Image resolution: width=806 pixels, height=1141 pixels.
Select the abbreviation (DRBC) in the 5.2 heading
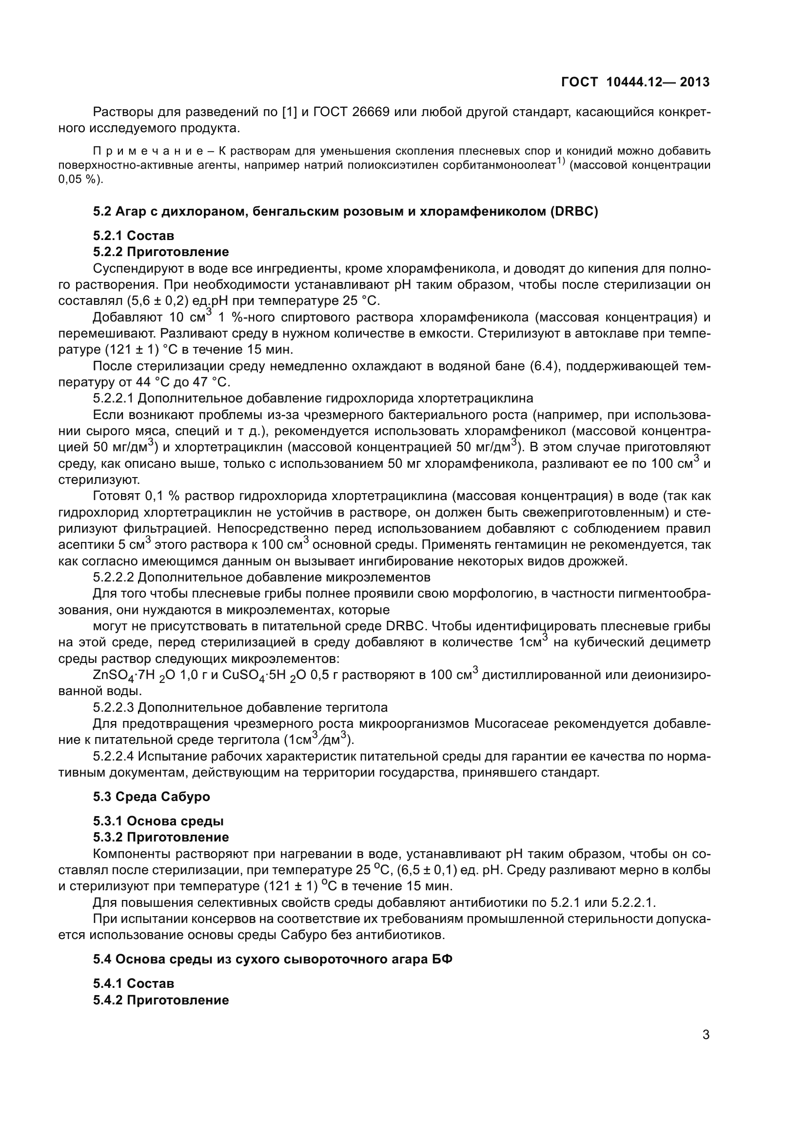pyautogui.click(x=573, y=212)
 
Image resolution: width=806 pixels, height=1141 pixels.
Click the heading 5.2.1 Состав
pyautogui.click(x=134, y=236)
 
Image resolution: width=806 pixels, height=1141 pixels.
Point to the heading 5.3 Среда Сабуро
pyautogui.click(x=152, y=797)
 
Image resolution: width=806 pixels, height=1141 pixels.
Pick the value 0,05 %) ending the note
pyautogui.click(x=80, y=180)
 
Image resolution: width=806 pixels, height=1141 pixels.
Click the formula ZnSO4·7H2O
pyautogui.click(x=131, y=675)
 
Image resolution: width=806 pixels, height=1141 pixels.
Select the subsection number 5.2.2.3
pyautogui.click(x=113, y=707)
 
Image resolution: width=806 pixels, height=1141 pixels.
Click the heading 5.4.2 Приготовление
pyautogui.click(x=161, y=1000)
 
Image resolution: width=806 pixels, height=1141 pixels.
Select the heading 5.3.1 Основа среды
pyautogui.click(x=158, y=821)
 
